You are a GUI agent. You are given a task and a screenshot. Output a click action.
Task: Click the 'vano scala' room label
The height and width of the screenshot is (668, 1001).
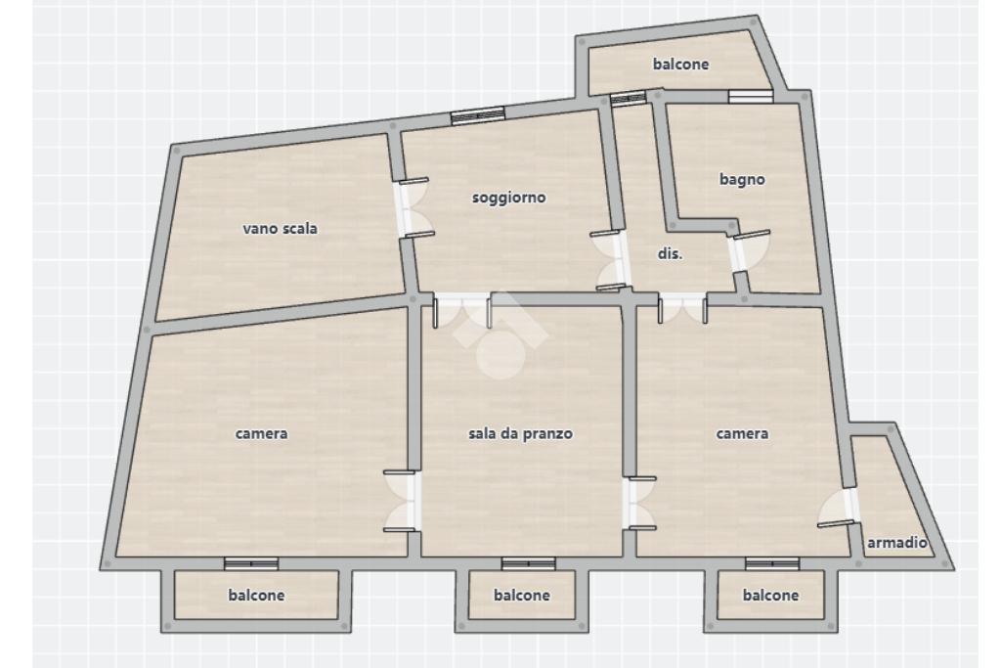point(281,229)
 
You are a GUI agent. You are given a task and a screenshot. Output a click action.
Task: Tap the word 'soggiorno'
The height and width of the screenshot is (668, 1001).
point(508,198)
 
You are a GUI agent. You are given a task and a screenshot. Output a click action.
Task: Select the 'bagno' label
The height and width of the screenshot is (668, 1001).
point(742,179)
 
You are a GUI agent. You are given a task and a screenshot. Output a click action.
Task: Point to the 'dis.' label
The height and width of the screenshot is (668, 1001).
point(670,252)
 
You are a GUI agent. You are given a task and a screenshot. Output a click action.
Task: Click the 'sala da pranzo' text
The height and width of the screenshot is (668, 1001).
point(521,433)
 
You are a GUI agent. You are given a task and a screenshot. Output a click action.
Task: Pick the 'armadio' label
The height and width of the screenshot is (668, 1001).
point(897,543)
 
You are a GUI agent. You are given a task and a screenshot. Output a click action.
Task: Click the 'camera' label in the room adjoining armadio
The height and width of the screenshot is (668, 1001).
point(743,433)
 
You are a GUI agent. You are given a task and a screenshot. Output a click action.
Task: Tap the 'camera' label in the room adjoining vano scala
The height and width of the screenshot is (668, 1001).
point(262,433)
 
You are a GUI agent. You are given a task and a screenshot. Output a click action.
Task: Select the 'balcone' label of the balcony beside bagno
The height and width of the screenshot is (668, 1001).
point(680,65)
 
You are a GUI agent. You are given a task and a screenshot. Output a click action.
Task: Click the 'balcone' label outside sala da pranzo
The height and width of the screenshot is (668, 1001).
point(521,595)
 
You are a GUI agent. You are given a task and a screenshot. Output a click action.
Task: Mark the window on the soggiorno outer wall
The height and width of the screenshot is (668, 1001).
point(478,114)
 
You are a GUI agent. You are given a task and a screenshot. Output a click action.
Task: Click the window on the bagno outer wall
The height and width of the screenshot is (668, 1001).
point(751,96)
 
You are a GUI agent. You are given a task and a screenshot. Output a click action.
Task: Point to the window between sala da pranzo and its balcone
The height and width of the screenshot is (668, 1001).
point(529,563)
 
